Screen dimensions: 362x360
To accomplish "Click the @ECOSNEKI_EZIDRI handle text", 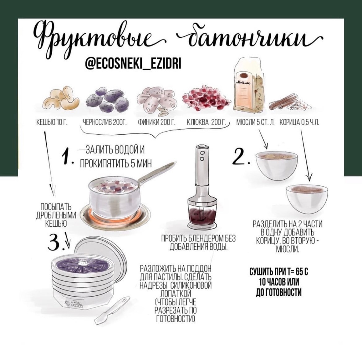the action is (x=133, y=63).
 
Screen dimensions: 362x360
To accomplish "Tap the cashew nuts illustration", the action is (x=61, y=98).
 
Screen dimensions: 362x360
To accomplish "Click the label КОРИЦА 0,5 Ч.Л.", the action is (x=300, y=122).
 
